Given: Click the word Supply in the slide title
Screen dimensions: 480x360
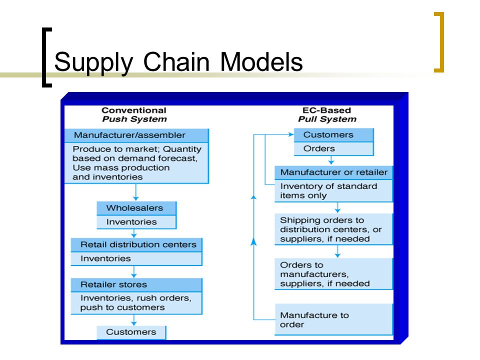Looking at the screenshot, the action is (93, 62).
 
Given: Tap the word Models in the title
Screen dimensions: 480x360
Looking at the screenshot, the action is (261, 61).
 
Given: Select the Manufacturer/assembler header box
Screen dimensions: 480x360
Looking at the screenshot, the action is (136, 135).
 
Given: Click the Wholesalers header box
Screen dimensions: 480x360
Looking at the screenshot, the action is (136, 208).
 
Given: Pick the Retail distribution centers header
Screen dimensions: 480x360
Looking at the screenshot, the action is (136, 245).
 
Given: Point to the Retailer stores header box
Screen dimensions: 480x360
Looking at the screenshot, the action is (136, 284).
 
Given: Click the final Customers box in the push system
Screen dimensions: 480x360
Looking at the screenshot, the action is (131, 332).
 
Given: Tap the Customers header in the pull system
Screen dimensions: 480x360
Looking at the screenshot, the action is (333, 135).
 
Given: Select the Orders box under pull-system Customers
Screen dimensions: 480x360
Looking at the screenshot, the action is (333, 149).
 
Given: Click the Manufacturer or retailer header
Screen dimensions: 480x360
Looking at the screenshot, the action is (333, 172).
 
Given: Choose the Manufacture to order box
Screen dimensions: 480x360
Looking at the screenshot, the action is (333, 319).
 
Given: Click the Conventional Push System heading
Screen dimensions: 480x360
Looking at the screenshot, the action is (134, 115).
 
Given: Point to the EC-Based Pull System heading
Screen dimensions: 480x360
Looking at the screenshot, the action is (327, 115).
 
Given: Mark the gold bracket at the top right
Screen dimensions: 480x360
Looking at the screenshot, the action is (441, 42).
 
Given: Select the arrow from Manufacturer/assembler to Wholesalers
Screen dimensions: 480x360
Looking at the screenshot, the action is (136, 192).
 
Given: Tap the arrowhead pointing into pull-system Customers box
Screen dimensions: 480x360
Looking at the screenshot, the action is (291, 134).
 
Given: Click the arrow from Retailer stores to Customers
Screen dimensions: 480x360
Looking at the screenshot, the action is (134, 320).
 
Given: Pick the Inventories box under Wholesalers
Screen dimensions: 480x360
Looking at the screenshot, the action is (136, 222).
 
